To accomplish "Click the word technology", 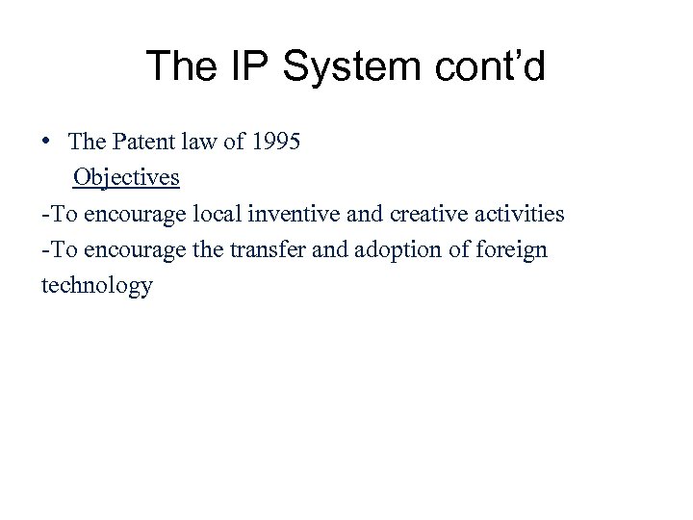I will click(x=96, y=286).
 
